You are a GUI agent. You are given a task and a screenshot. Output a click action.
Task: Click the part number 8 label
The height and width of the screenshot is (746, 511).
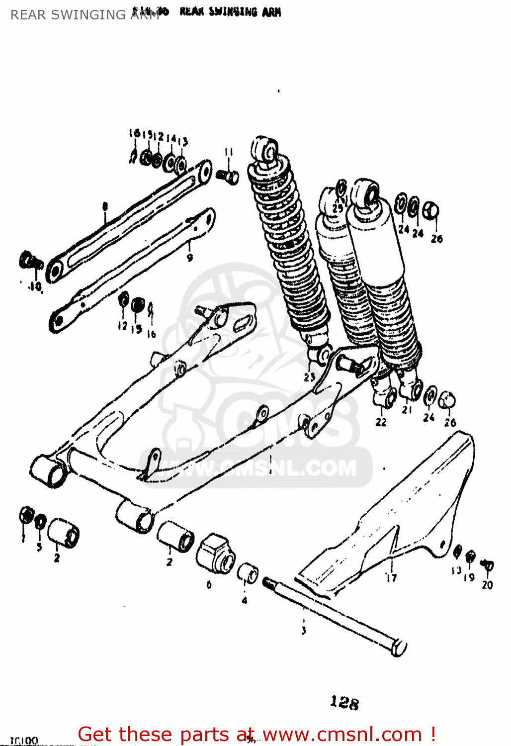click(x=105, y=206)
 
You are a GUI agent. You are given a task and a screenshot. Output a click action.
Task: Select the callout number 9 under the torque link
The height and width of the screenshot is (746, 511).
click(x=190, y=258)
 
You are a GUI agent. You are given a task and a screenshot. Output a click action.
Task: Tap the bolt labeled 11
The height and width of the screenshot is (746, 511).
click(x=229, y=176)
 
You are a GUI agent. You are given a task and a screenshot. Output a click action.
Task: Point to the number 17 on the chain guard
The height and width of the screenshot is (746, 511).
click(x=391, y=577)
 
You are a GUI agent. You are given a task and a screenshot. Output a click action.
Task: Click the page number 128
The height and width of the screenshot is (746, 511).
click(x=344, y=702)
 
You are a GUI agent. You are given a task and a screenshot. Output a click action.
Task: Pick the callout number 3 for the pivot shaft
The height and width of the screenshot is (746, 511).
click(x=304, y=631)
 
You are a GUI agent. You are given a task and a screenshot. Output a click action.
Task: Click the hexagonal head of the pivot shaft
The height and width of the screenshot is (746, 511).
click(x=399, y=648)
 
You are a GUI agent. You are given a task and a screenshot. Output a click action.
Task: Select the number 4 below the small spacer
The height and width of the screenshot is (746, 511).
click(x=244, y=600)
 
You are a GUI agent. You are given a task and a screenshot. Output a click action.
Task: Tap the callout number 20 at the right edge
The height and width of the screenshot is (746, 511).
click(x=487, y=585)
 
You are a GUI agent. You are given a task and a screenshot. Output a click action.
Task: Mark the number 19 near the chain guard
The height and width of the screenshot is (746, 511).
click(x=469, y=577)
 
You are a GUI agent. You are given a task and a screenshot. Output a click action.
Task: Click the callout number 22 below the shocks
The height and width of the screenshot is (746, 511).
click(x=381, y=422)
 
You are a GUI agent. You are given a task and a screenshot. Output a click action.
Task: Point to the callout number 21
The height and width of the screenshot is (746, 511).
click(x=407, y=410)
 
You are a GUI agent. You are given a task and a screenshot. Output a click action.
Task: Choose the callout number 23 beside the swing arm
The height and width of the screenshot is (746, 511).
click(x=310, y=377)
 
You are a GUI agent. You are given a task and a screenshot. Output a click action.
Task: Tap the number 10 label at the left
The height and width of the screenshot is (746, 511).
click(x=35, y=286)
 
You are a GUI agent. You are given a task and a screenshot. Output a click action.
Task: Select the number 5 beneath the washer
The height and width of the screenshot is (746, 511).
click(x=39, y=547)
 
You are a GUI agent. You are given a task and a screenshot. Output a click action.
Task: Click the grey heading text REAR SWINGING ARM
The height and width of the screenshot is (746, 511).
click(x=85, y=15)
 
